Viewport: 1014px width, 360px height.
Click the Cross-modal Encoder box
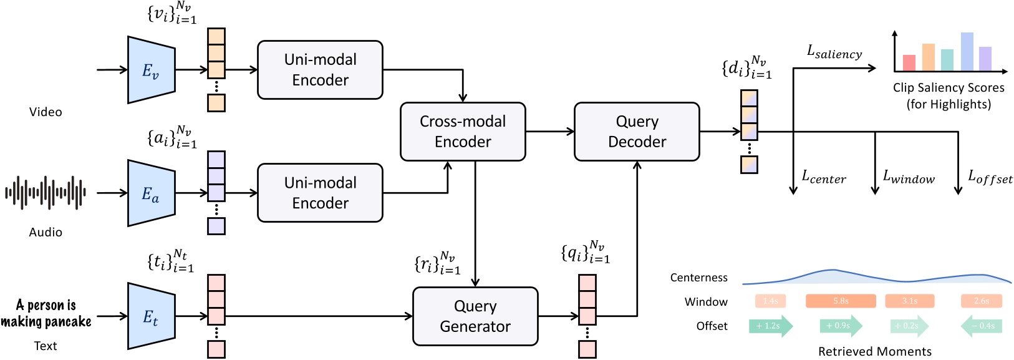point(462,132)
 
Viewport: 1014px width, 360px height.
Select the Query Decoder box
point(636,132)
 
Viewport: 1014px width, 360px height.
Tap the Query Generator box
point(475,316)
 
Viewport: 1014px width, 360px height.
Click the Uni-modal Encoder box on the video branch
point(320,70)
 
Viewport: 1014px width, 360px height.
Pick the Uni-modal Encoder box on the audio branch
point(320,193)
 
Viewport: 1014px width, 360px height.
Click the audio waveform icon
point(46,193)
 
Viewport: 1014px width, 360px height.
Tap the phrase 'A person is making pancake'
point(46,313)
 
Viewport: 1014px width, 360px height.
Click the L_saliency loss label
point(834,52)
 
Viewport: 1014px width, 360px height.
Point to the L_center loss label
point(823,178)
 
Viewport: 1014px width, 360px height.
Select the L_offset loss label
point(990,178)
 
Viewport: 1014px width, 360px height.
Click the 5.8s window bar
point(841,301)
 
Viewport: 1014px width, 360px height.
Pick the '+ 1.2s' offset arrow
point(770,326)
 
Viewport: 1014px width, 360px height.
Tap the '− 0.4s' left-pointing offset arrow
point(982,326)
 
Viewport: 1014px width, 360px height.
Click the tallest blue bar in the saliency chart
point(967,52)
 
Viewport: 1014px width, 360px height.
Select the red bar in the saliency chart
point(909,63)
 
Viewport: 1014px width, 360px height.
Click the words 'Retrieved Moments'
point(874,351)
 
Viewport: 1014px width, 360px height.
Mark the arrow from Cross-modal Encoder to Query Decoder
point(549,132)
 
